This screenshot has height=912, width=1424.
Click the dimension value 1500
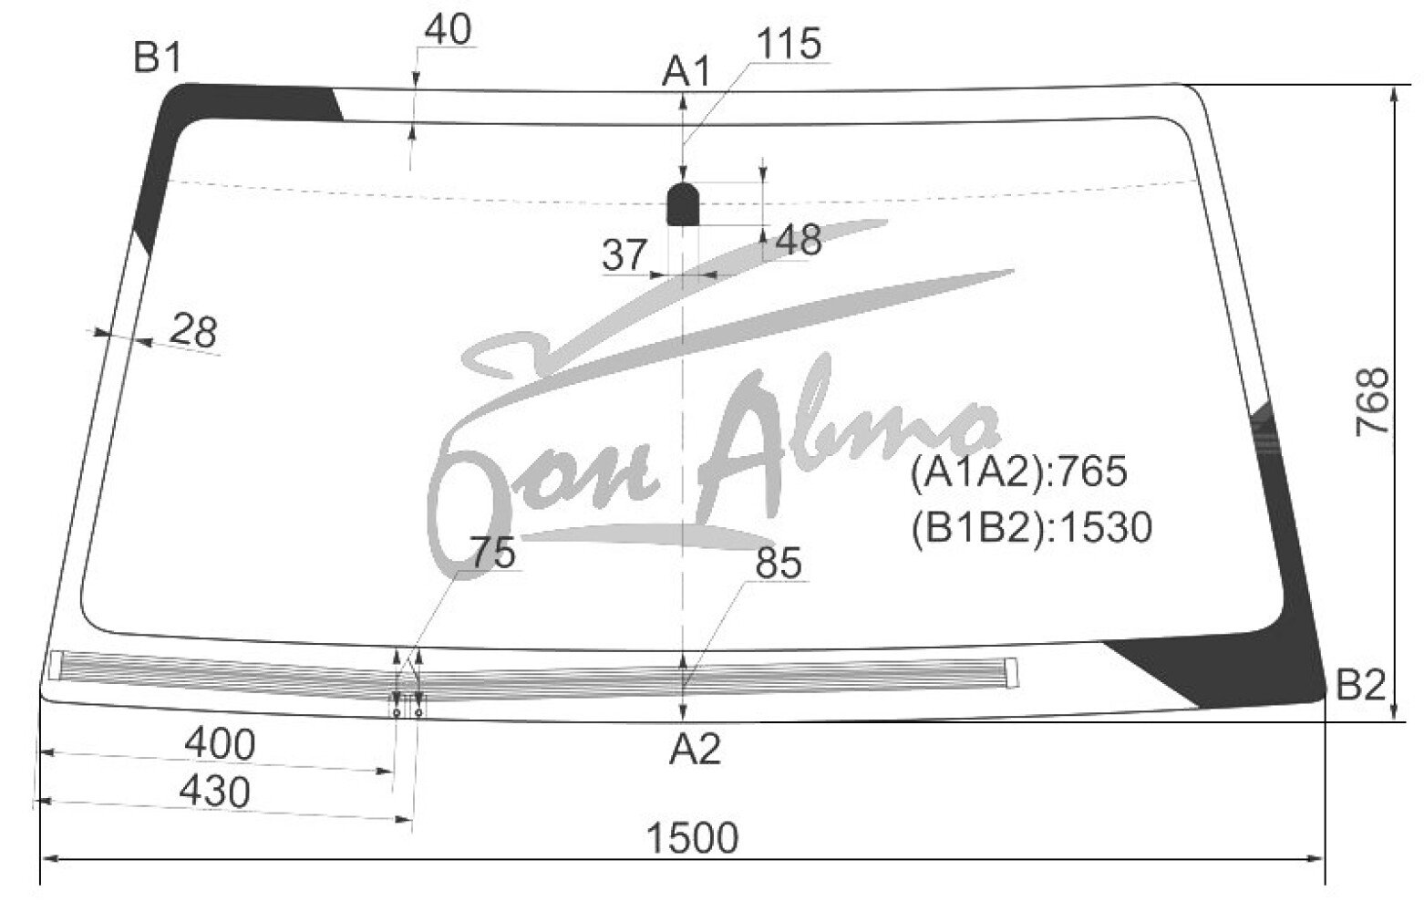point(692,837)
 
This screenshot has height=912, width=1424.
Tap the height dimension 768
point(1371,402)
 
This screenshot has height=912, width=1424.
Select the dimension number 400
point(220,744)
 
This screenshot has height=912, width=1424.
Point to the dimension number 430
point(215,793)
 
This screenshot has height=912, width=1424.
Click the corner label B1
point(157,57)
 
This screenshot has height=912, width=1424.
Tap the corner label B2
point(1360,685)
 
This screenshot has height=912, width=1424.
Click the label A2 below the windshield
point(695,749)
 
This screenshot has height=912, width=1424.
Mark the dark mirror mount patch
point(683,204)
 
